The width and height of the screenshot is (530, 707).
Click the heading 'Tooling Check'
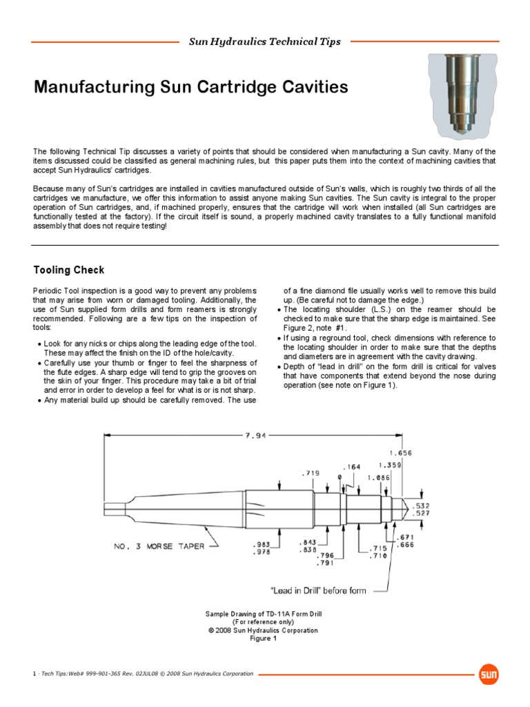click(69, 269)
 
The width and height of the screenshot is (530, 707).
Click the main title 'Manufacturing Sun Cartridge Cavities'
click(191, 88)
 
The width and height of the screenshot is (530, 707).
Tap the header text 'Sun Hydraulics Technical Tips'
click(265, 42)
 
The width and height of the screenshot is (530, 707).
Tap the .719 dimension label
click(311, 474)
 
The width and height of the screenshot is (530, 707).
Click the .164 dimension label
click(353, 467)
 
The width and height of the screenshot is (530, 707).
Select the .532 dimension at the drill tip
click(422, 506)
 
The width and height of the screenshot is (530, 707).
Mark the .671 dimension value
click(406, 536)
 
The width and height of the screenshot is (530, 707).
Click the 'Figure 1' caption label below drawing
click(262, 639)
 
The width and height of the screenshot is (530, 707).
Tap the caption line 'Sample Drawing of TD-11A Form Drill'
click(264, 614)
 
